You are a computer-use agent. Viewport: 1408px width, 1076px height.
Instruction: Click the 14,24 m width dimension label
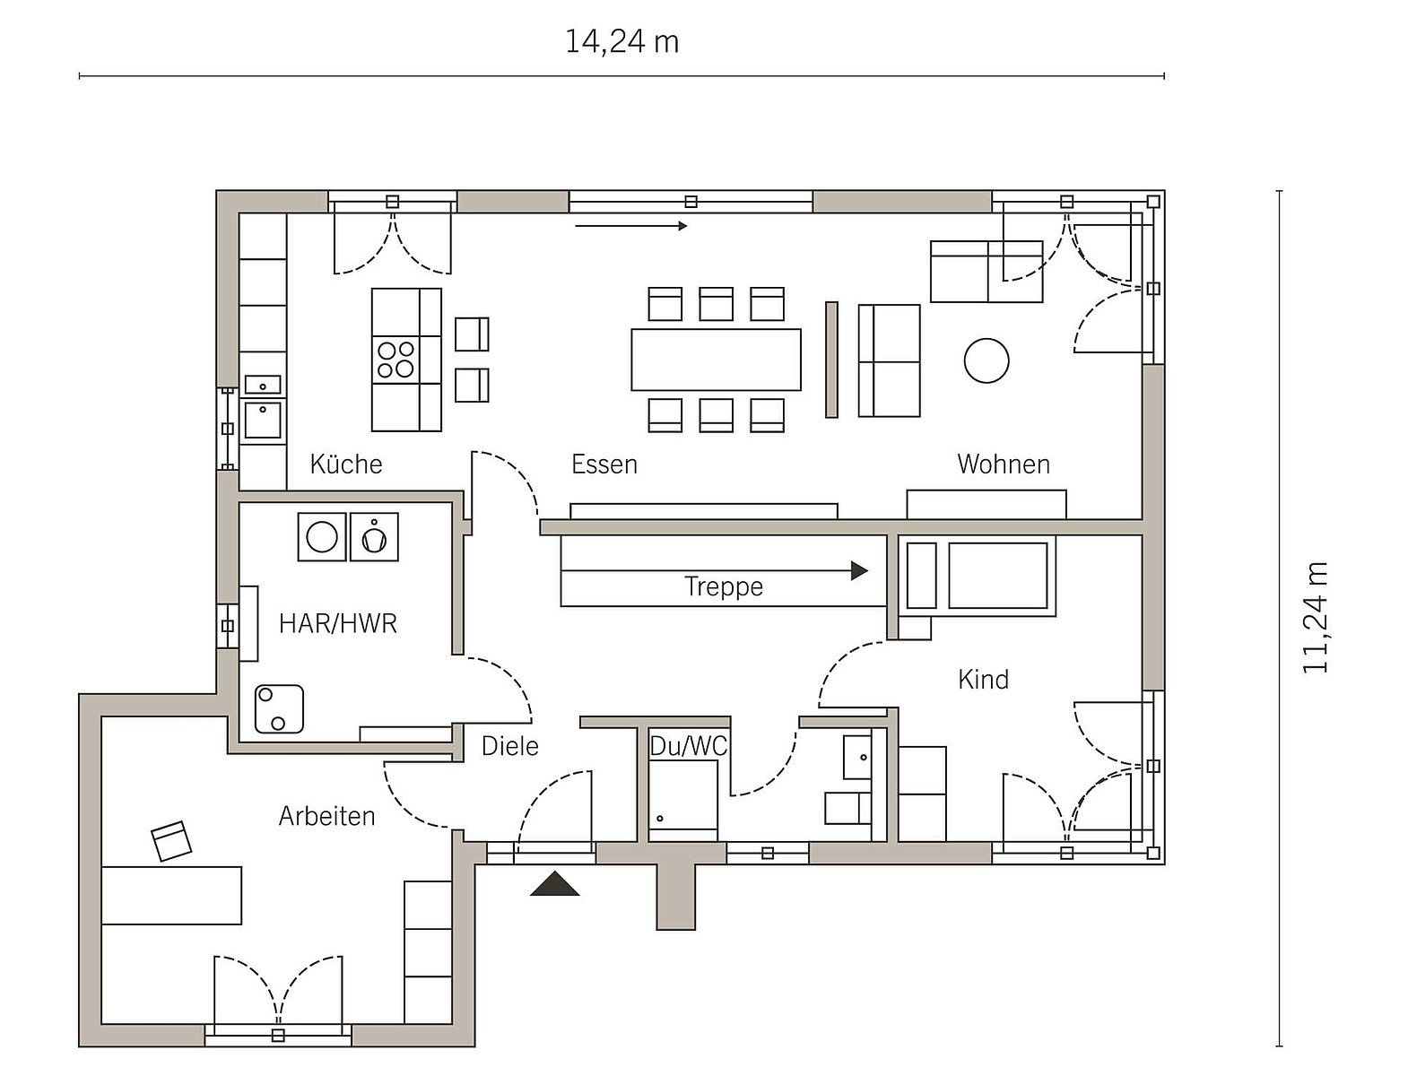click(621, 42)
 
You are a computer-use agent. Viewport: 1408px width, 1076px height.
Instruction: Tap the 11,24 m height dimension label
click(1315, 618)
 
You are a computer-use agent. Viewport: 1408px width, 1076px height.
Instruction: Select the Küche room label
click(346, 464)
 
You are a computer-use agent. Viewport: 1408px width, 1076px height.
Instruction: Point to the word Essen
click(604, 464)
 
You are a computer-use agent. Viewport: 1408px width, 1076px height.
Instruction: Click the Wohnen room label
click(1004, 464)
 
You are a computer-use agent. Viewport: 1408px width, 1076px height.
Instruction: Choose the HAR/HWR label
click(338, 623)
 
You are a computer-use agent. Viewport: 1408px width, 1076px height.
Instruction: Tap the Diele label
click(510, 746)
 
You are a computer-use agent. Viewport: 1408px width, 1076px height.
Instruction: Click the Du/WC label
click(688, 746)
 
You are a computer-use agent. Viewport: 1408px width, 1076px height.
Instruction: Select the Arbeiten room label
click(326, 816)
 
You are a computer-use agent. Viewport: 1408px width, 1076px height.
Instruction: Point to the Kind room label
click(983, 679)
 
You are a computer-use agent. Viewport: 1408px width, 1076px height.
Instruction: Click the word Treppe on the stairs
click(724, 586)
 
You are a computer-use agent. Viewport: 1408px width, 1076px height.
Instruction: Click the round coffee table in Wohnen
click(986, 360)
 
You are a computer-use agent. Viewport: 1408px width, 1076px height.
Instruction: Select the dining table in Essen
click(716, 360)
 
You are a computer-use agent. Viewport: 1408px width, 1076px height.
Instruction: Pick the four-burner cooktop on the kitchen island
click(396, 360)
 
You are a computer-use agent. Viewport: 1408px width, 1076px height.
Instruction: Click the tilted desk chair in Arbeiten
click(171, 841)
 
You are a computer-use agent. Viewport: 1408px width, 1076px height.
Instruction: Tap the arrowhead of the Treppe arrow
click(859, 570)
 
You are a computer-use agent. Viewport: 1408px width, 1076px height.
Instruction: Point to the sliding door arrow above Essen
click(631, 226)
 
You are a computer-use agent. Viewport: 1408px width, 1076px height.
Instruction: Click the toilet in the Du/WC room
click(847, 808)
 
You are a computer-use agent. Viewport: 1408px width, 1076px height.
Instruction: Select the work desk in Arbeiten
click(172, 896)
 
